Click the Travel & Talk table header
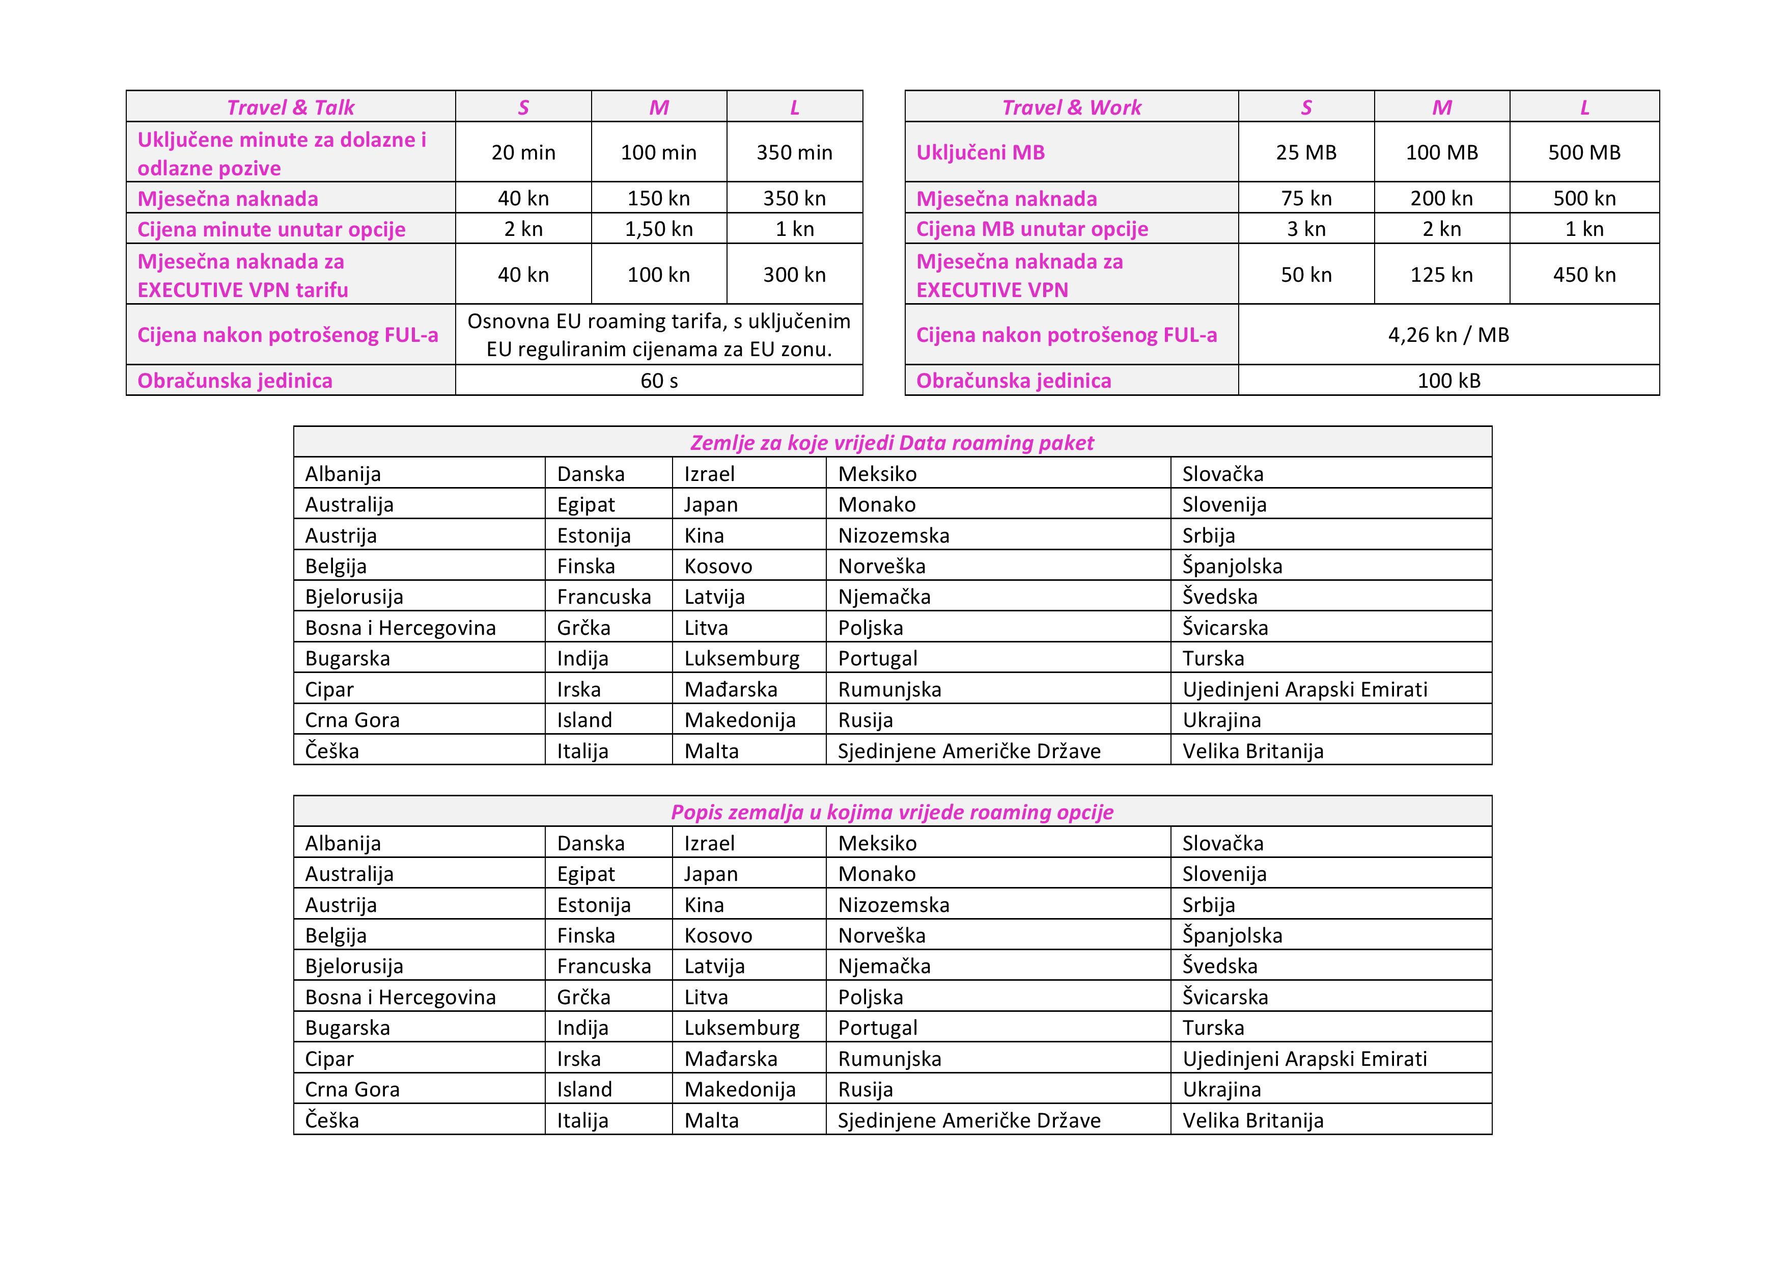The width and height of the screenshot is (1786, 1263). click(x=290, y=108)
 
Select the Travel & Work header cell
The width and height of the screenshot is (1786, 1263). click(x=1071, y=108)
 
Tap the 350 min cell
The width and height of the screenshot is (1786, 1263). click(x=794, y=152)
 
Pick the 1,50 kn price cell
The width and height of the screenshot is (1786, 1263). click(x=659, y=229)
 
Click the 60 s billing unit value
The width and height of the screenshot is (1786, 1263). click(x=659, y=381)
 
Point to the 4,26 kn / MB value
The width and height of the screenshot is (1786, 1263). click(x=1448, y=335)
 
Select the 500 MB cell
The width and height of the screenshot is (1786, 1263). click(x=1584, y=152)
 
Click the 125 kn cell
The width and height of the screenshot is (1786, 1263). click(x=1441, y=275)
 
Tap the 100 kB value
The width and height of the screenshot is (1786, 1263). click(x=1448, y=381)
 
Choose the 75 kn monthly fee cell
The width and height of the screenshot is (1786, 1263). click(x=1306, y=198)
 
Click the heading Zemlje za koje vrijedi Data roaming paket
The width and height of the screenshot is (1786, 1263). click(x=892, y=443)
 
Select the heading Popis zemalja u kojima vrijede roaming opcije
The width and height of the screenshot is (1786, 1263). click(x=892, y=813)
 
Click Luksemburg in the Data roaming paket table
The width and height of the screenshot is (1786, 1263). click(x=741, y=658)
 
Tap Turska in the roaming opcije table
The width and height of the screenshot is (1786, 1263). click(x=1213, y=1028)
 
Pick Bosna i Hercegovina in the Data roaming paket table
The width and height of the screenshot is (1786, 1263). click(x=400, y=628)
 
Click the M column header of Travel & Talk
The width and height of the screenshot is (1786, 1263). click(x=659, y=108)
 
